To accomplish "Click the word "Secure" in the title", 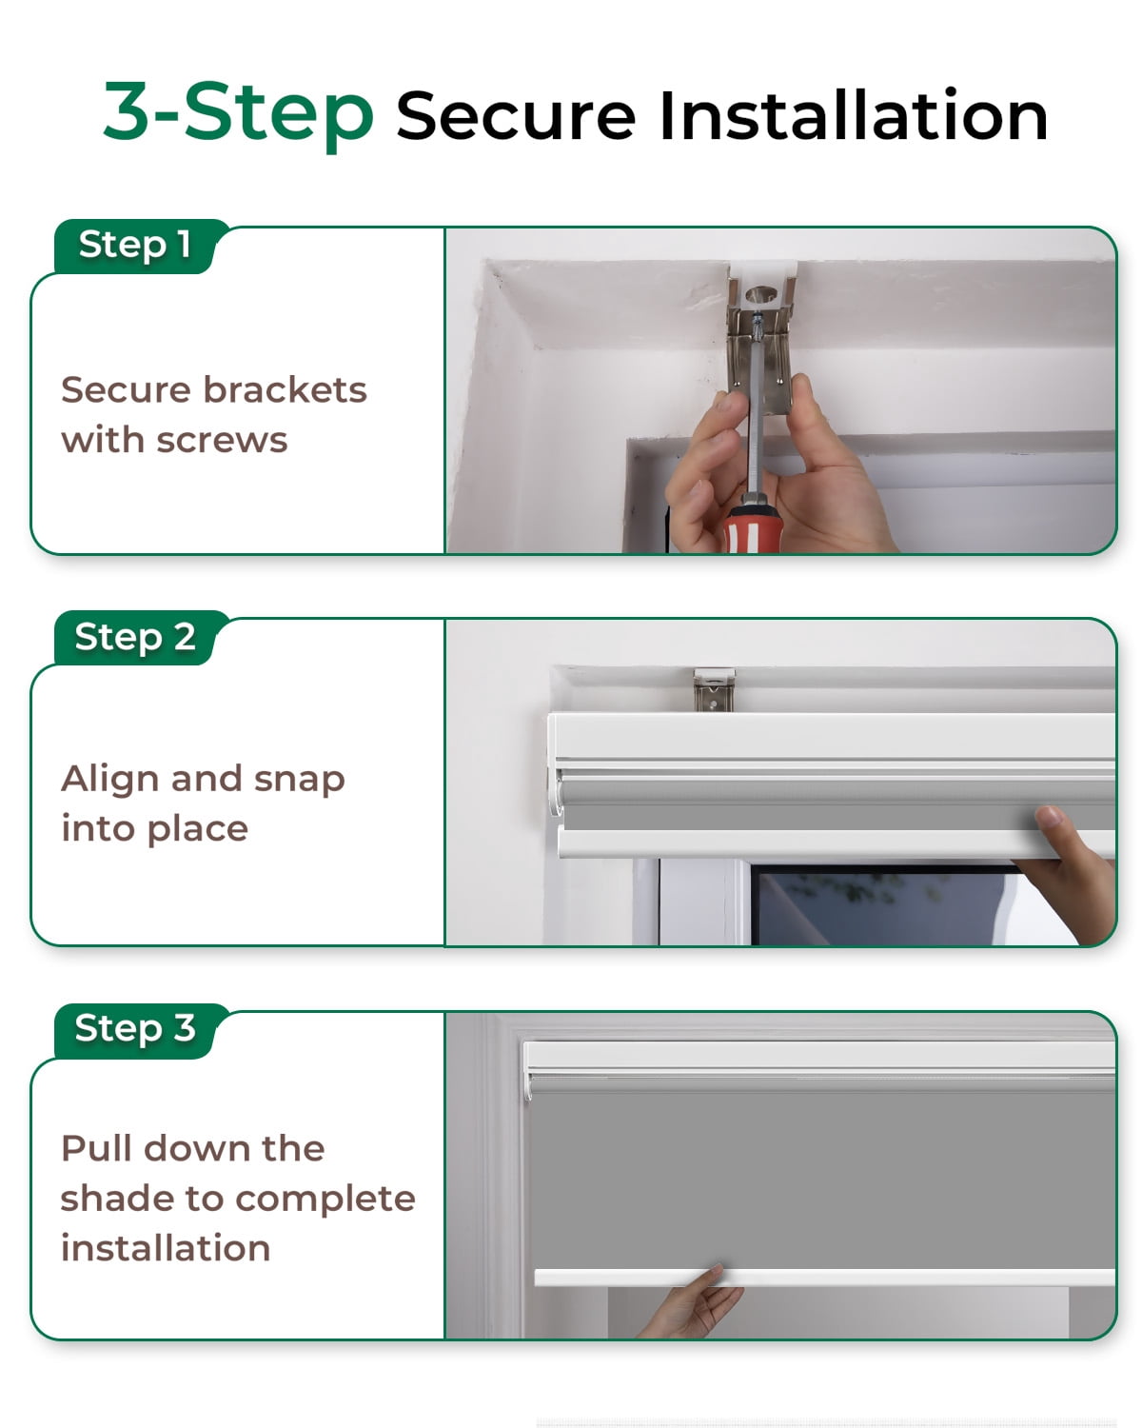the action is pyautogui.click(x=516, y=117).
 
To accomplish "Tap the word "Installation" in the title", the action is pyautogui.click(x=854, y=115).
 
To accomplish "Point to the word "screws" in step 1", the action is pyautogui.click(x=222, y=442).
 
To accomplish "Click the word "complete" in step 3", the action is pyautogui.click(x=325, y=1200).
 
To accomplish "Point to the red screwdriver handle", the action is pyautogui.click(x=753, y=529).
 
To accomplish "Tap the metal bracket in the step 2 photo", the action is pyautogui.click(x=714, y=690).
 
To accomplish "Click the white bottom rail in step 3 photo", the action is pyautogui.click(x=824, y=1278).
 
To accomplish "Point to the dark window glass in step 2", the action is pyautogui.click(x=882, y=907).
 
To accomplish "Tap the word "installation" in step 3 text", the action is pyautogui.click(x=166, y=1249).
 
